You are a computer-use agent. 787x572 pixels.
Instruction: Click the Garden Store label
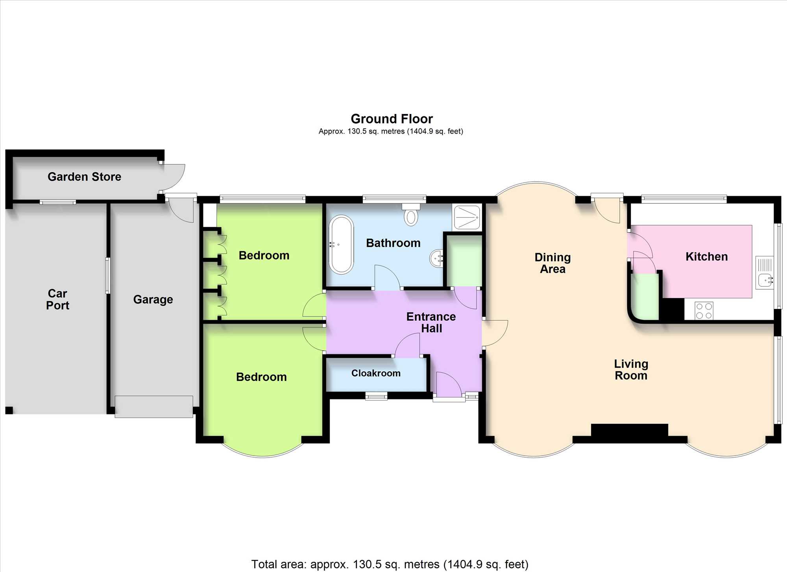[84, 177]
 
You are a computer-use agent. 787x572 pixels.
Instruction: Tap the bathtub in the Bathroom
[341, 244]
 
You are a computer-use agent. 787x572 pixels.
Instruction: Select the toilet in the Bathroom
[411, 215]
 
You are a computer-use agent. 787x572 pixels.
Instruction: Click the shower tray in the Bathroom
[467, 217]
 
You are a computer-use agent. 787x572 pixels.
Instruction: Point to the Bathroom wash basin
[436, 258]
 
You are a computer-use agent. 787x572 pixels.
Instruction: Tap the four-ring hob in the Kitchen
[704, 310]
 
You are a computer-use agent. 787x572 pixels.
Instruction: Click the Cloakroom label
[376, 373]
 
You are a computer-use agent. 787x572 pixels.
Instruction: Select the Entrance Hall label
[431, 322]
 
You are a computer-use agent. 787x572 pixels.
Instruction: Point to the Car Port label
[57, 299]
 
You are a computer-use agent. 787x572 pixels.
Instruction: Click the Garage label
[153, 300]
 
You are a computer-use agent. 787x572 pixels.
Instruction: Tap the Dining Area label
[552, 263]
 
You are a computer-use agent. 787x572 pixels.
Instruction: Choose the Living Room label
[631, 370]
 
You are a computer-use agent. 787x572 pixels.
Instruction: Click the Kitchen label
[707, 257]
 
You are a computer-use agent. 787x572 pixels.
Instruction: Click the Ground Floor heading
[392, 119]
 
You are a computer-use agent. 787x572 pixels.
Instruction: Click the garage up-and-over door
[154, 407]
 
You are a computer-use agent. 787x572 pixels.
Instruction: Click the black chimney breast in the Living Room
[630, 430]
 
